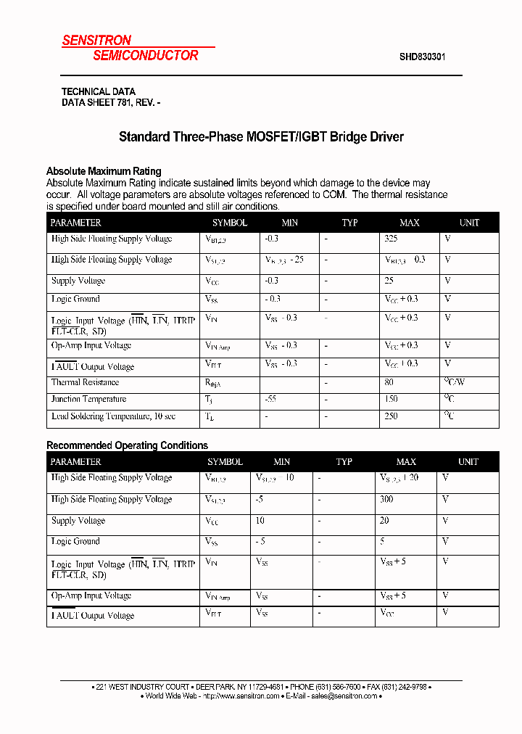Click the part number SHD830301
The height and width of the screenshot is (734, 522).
pyautogui.click(x=422, y=56)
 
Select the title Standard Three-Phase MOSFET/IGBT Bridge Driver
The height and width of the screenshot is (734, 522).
pyautogui.click(x=261, y=136)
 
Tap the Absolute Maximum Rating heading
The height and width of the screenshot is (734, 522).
pyautogui.click(x=104, y=171)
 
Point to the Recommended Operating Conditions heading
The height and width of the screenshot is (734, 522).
pyautogui.click(x=127, y=445)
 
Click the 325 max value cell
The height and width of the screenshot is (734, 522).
pyautogui.click(x=391, y=239)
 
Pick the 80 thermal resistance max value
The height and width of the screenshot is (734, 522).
pyautogui.click(x=389, y=382)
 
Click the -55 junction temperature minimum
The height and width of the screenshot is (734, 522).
pyautogui.click(x=272, y=400)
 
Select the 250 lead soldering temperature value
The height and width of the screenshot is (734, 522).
pyautogui.click(x=391, y=416)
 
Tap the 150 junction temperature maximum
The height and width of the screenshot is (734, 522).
pyautogui.click(x=391, y=400)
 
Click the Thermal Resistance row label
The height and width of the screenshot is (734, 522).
pyautogui.click(x=85, y=382)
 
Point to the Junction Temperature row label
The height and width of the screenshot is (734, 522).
pyautogui.click(x=88, y=400)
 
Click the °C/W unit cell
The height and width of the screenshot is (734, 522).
pyautogui.click(x=455, y=382)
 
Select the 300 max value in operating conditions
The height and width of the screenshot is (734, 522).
pyautogui.click(x=386, y=499)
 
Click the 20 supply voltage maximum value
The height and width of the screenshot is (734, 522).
pyautogui.click(x=384, y=521)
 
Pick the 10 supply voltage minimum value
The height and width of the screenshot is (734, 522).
pyautogui.click(x=260, y=521)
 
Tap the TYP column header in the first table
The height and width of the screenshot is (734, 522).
pyautogui.click(x=350, y=223)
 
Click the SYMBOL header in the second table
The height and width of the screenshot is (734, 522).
pyautogui.click(x=225, y=462)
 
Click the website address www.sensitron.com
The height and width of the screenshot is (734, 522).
pyautogui.click(x=242, y=696)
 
